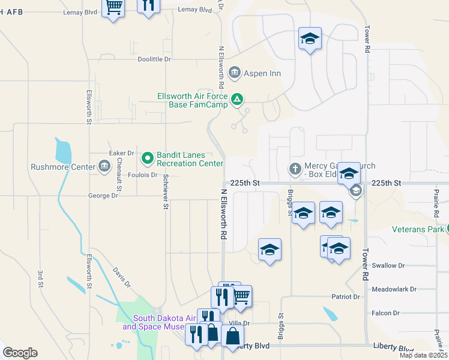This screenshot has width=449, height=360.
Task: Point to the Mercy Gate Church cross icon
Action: click(x=295, y=169)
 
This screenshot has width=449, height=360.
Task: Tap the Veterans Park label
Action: click(x=418, y=229)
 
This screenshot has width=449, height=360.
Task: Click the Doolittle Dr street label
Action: click(x=154, y=59)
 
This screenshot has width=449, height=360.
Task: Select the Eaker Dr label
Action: click(x=121, y=154)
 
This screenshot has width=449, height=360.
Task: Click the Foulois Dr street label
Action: click(x=143, y=175)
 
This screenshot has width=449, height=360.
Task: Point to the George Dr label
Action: click(x=103, y=196)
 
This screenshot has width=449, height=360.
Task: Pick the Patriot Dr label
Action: click(x=346, y=297)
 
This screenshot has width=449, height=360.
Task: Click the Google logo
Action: click(x=20, y=353)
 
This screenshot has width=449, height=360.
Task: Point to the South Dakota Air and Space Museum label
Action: click(x=156, y=323)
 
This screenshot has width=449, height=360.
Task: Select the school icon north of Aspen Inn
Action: click(x=310, y=39)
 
